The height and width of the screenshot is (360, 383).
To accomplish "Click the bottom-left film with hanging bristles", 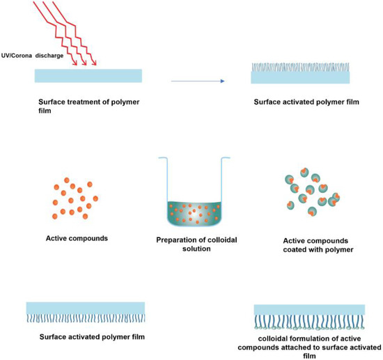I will point(85,312).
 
